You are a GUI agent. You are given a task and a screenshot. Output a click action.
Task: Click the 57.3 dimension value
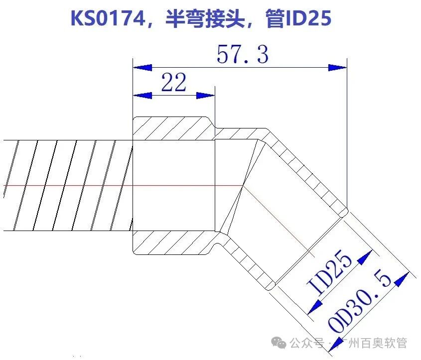click(243, 54)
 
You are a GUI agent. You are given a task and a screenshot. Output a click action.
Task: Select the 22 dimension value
click(174, 83)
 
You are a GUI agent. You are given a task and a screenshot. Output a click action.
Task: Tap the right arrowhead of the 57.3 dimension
click(337, 67)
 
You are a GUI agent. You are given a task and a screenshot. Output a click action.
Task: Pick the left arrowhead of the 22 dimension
click(141, 95)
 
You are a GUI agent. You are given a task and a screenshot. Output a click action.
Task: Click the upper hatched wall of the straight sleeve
click(172, 128)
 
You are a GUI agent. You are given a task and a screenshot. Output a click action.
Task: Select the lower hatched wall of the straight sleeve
click(172, 242)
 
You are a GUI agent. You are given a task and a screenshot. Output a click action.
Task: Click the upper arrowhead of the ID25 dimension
click(365, 257)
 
